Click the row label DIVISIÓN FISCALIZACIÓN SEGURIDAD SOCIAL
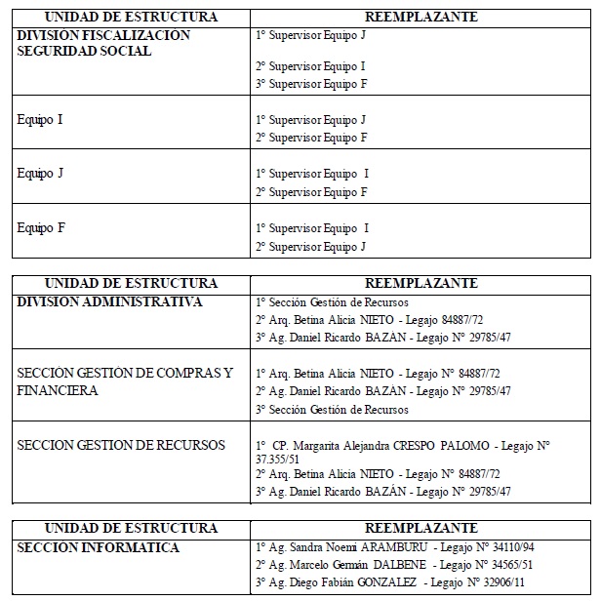[103, 43]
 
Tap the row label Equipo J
[40, 174]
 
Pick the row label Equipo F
[40, 228]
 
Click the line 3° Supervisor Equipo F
[310, 84]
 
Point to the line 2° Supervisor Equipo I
[310, 66]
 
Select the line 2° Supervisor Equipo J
[310, 247]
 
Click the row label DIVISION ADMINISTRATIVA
[109, 301]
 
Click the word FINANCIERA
[58, 390]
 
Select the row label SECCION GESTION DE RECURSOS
[121, 445]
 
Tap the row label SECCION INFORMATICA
[98, 547]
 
